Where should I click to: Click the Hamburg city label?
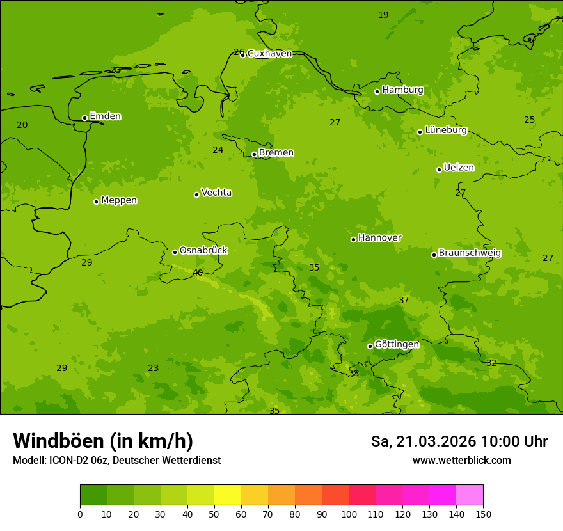[402, 90]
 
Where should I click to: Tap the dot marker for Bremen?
[254, 154]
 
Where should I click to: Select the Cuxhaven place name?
[269, 54]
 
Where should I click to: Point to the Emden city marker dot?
[84, 118]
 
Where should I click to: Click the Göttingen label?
[397, 345]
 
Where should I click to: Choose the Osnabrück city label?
[203, 251]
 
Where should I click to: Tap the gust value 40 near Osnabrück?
[198, 273]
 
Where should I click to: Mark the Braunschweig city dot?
[434, 255]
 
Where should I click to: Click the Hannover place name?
[379, 238]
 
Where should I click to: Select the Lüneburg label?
[445, 131]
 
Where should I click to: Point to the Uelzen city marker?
[439, 170]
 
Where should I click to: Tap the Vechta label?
[216, 193]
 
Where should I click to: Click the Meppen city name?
[119, 201]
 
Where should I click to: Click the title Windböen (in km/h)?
[103, 441]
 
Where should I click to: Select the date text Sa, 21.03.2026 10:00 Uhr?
[459, 442]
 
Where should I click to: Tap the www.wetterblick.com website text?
[461, 461]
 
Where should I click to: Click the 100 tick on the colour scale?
[349, 514]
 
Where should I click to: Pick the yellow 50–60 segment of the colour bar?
[228, 495]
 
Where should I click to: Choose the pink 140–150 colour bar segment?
[470, 495]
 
